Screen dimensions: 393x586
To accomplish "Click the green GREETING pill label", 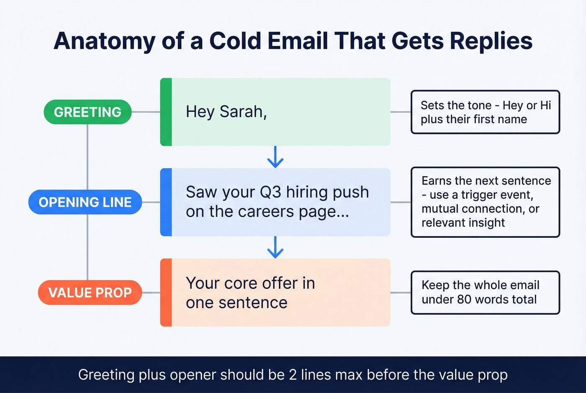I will pyautogui.click(x=87, y=112).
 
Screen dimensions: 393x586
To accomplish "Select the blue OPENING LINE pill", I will pyautogui.click(x=85, y=202).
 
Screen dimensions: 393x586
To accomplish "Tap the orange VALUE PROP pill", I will pyautogui.click(x=90, y=293).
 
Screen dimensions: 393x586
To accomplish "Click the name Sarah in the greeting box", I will pyautogui.click(x=243, y=112).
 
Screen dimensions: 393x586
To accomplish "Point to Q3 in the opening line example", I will pyautogui.click(x=270, y=193).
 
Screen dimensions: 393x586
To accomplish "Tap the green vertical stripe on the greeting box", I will pyautogui.click(x=166, y=112).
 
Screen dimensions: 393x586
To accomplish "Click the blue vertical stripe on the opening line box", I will pyautogui.click(x=166, y=202).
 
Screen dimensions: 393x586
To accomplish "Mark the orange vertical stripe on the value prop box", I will pyautogui.click(x=166, y=293).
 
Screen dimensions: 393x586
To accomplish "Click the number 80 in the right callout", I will pyautogui.click(x=464, y=300).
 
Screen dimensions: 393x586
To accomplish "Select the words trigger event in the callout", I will pyautogui.click(x=497, y=195).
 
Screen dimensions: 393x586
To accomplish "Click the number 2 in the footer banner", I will pyautogui.click(x=293, y=375).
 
